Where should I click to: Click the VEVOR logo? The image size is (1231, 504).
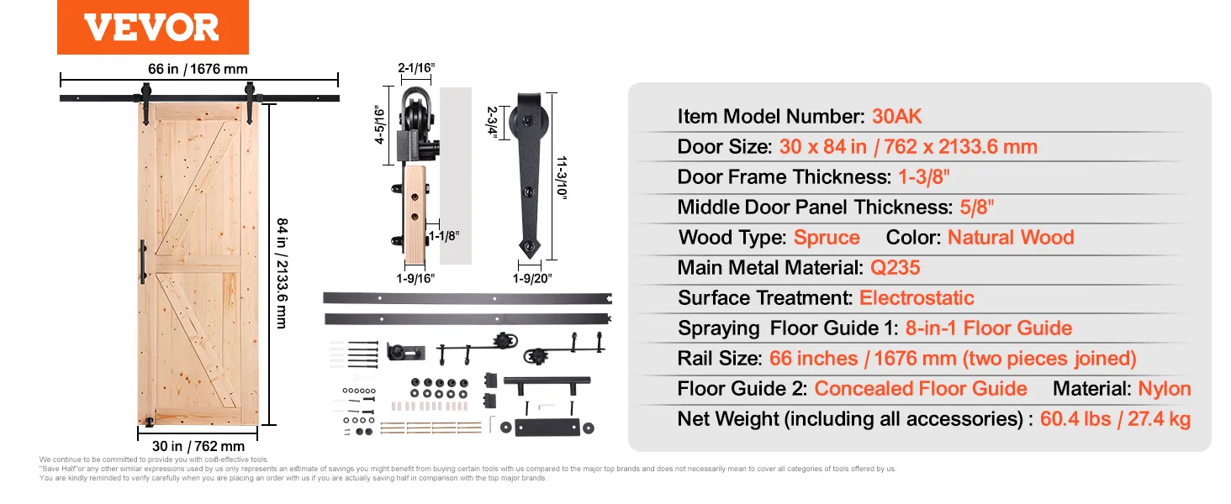click(x=152, y=28)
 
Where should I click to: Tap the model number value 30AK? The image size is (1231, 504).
click(x=896, y=117)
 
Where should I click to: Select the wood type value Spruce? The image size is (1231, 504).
click(x=827, y=238)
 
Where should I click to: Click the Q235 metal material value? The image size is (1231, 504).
click(x=896, y=268)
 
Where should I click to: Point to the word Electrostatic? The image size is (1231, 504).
click(x=917, y=298)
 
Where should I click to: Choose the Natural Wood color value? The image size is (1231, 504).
click(x=1011, y=238)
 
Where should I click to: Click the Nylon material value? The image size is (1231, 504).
click(x=1164, y=389)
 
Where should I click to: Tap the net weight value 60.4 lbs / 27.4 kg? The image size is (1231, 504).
click(x=1115, y=419)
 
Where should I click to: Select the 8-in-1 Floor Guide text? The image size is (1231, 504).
click(x=989, y=328)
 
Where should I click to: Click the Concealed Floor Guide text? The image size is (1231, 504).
click(x=921, y=389)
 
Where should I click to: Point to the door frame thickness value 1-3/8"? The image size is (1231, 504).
click(x=923, y=177)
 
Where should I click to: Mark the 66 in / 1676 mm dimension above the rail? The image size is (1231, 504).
click(x=198, y=70)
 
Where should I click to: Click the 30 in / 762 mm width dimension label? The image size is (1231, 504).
click(x=199, y=446)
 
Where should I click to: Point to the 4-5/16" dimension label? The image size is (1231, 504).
click(x=379, y=124)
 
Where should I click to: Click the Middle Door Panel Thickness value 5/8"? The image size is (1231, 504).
click(x=977, y=207)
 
